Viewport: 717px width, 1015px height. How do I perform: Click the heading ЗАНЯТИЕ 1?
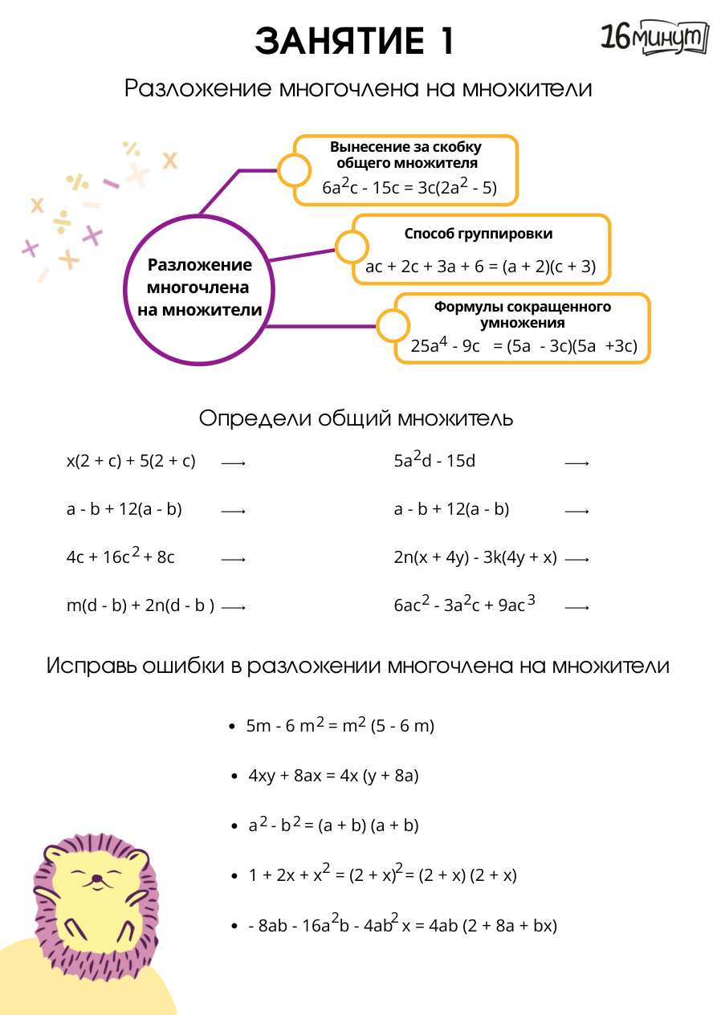click(354, 41)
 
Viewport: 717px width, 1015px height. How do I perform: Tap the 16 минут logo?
click(654, 38)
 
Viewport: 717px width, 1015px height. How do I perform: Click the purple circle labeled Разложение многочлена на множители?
click(199, 288)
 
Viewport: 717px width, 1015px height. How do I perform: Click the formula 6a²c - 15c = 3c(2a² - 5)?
click(409, 188)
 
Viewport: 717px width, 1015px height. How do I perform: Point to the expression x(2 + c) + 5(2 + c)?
click(131, 461)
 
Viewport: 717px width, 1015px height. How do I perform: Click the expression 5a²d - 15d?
click(434, 460)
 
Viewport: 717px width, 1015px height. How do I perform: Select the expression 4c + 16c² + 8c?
click(120, 557)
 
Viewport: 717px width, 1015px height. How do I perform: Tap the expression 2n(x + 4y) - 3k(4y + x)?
click(475, 557)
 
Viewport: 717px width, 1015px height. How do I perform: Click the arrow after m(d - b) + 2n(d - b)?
click(233, 608)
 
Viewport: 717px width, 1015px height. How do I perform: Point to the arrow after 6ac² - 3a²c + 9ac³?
click(576, 608)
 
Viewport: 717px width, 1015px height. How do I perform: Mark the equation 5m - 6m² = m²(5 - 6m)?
click(340, 725)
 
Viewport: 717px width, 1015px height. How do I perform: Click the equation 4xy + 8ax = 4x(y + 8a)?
click(334, 776)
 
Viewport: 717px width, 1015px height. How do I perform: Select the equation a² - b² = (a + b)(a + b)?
click(334, 825)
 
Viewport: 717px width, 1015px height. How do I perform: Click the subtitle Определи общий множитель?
click(356, 418)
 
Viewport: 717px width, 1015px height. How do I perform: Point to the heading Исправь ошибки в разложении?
click(358, 666)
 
